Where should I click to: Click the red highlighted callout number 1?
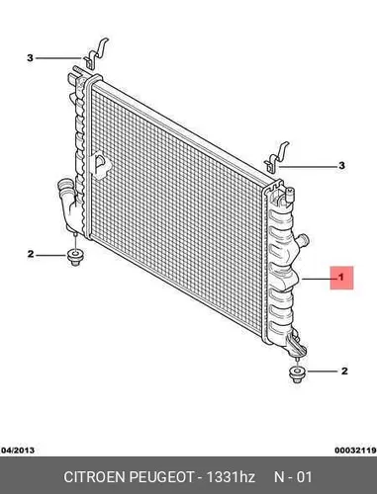(x=341, y=278)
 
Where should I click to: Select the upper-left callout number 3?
(x=30, y=58)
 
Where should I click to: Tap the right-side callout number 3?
(x=341, y=165)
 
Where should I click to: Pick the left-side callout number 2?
(x=31, y=254)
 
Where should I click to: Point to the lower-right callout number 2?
(x=344, y=371)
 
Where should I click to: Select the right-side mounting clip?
(x=277, y=157)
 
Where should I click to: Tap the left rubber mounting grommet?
(x=75, y=258)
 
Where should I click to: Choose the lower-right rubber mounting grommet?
(x=297, y=374)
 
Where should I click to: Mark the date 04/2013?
(x=18, y=450)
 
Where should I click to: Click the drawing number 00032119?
(x=356, y=450)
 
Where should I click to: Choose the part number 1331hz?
(x=231, y=477)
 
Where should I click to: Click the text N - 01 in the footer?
(x=293, y=477)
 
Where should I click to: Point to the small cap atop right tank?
(x=289, y=194)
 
